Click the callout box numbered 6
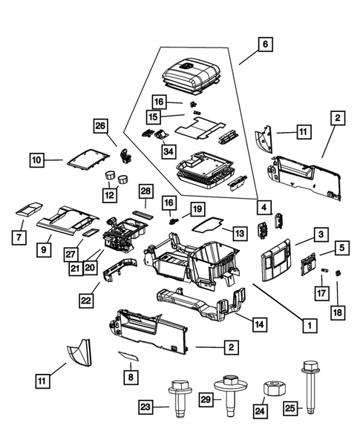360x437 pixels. pos(264,44)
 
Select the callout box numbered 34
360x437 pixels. pos(169,151)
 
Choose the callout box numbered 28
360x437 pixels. pos(145,191)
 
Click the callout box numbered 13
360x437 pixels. pos(238,233)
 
